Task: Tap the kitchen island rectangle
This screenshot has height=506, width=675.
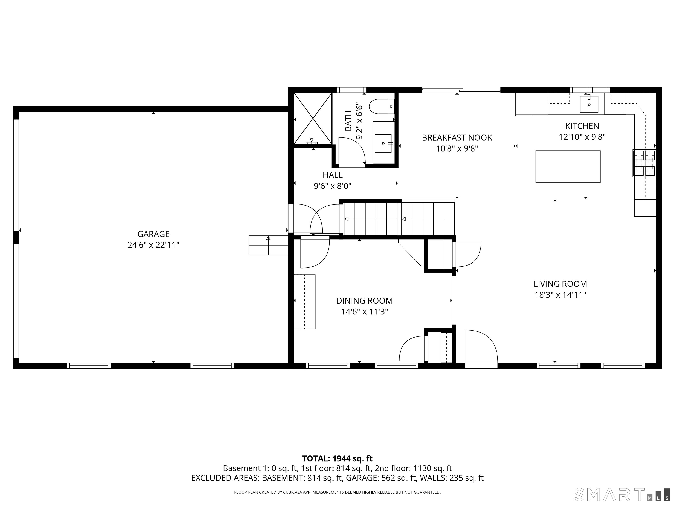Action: [x=568, y=166]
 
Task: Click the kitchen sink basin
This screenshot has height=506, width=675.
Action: [x=589, y=104]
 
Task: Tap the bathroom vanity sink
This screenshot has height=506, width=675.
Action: [x=383, y=143]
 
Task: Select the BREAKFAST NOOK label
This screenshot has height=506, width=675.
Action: [x=457, y=137]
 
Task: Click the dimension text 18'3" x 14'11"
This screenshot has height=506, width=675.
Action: [x=560, y=295]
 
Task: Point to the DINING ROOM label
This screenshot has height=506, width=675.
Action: [x=364, y=301]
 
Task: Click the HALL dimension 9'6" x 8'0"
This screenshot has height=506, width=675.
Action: [x=333, y=186]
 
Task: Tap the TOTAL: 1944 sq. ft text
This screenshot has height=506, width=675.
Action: [x=337, y=459]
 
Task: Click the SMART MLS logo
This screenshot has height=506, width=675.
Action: [x=622, y=494]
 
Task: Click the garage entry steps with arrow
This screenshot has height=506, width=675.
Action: [x=268, y=245]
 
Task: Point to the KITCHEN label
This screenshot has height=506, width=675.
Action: [x=582, y=126]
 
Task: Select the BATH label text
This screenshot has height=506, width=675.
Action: [x=348, y=121]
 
